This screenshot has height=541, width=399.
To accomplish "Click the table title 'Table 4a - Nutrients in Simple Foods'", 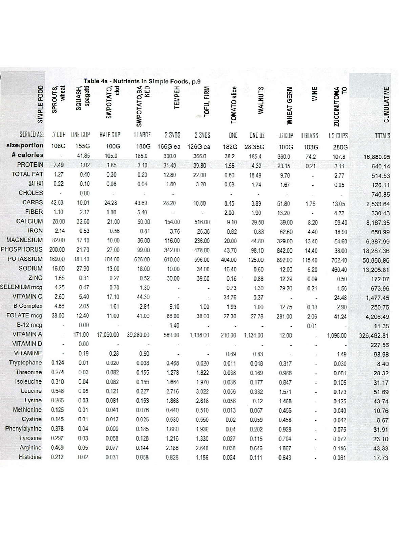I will click(142, 81).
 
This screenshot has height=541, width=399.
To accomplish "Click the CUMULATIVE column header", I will click(386, 105).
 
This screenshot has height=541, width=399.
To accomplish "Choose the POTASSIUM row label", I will click(25, 259).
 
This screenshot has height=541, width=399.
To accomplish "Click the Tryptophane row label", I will click(26, 363).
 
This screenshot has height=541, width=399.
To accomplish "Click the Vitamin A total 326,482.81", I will click(374, 336).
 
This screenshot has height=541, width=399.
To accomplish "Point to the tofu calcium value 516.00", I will click(202, 222).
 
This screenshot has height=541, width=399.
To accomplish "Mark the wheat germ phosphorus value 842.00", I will click(285, 251).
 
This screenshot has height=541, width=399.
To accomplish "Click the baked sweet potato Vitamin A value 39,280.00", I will click(138, 335).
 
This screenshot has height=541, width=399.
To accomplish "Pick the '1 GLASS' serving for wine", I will click(309, 136).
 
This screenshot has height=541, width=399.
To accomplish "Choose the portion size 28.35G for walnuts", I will click(254, 147).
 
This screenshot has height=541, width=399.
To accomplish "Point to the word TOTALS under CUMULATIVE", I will click(382, 136).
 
